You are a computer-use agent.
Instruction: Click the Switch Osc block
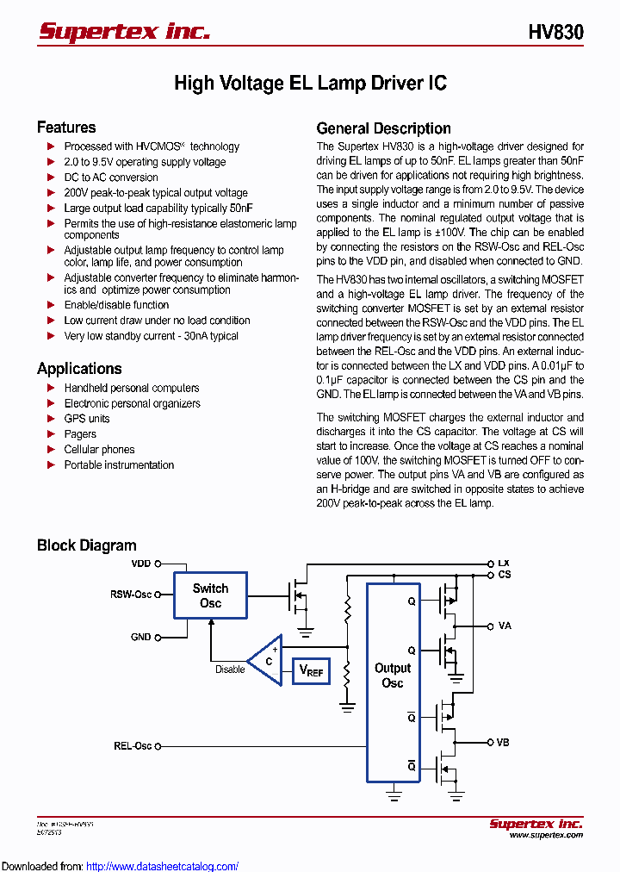[x=210, y=595]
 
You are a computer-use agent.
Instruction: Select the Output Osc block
[x=393, y=676]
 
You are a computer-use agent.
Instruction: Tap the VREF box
[x=311, y=670]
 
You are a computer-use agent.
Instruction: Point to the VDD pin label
[x=140, y=564]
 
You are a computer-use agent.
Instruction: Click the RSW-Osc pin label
[x=131, y=595]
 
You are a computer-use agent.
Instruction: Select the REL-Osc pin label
[x=133, y=746]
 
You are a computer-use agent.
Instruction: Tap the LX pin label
[x=504, y=564]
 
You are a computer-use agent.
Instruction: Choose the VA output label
[x=505, y=626]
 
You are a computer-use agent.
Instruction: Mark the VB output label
[x=504, y=742]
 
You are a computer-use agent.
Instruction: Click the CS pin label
[x=505, y=575]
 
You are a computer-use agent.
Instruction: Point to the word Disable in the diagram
[x=230, y=670]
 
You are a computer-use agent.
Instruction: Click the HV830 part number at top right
[x=555, y=33]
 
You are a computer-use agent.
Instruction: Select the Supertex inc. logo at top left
[x=124, y=32]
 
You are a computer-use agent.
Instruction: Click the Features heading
[x=66, y=128]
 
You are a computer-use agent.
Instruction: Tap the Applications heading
[x=79, y=369]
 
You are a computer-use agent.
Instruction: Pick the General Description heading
[x=384, y=128]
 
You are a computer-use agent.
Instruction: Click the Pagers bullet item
[x=80, y=434]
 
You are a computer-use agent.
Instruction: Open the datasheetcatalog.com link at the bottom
[x=163, y=866]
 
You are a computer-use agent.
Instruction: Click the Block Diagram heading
[x=86, y=545]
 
